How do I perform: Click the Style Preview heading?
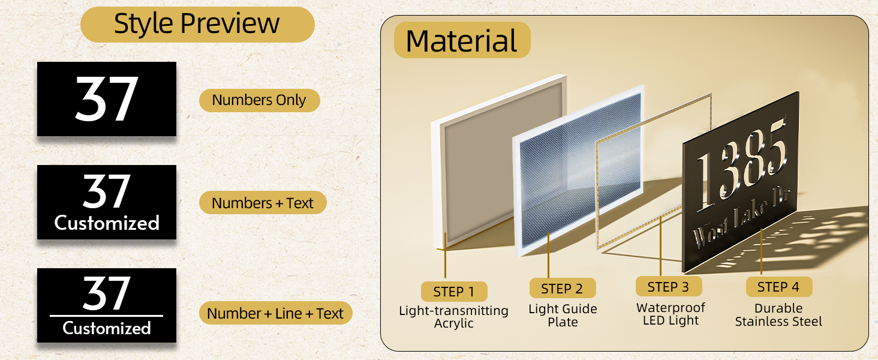coord(197,24)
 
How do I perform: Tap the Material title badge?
coord(462,41)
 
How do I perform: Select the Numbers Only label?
coord(259,100)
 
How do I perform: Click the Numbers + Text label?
coord(263,203)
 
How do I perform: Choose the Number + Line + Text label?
coord(275,313)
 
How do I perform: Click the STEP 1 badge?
coord(453,292)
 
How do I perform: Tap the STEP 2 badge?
coord(562,289)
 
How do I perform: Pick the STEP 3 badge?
coord(668,287)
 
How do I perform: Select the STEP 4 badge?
coord(778,287)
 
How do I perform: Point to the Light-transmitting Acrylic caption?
coord(453,317)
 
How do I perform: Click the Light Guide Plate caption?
coord(563,316)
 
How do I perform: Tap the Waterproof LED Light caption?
coord(670,314)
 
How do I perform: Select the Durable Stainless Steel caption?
coord(778,315)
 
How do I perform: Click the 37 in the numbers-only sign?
coord(107,99)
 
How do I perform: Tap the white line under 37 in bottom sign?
coord(106,315)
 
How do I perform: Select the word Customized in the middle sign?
coord(107,223)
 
